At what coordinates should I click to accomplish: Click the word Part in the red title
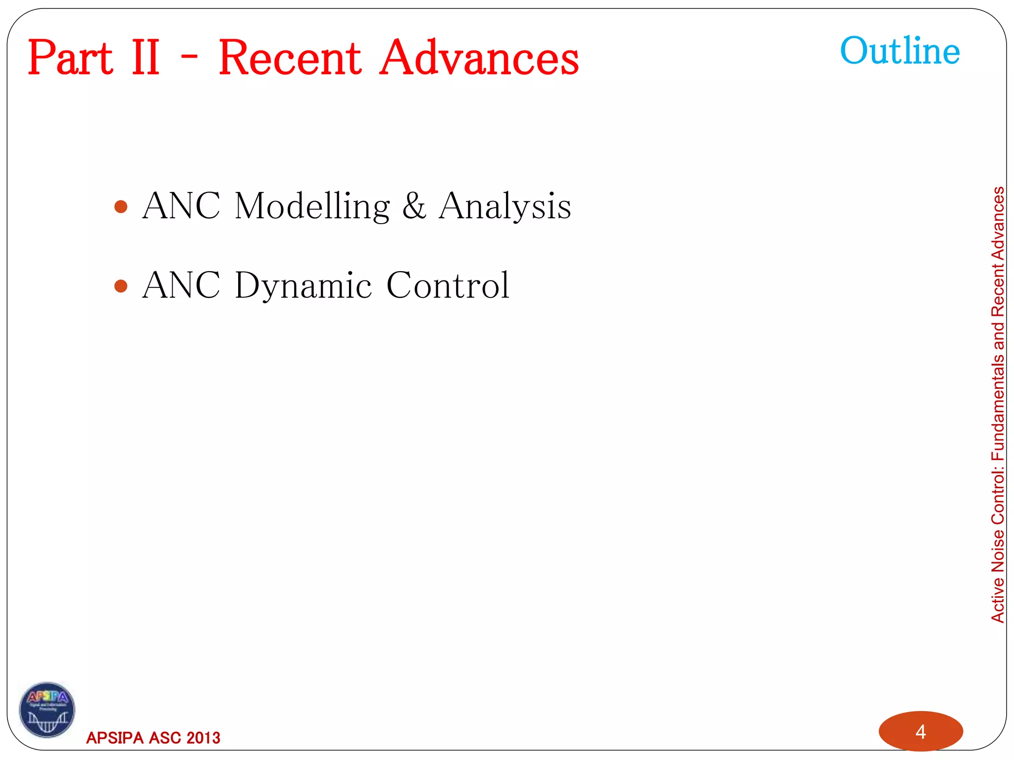tap(70, 58)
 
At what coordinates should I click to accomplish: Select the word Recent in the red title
tap(290, 58)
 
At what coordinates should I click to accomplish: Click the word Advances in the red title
tap(479, 58)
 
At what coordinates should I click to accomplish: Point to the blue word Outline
tap(900, 51)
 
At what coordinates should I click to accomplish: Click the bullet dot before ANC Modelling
tap(121, 206)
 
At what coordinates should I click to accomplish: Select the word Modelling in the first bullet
tap(312, 206)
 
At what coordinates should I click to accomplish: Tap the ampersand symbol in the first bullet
tap(414, 206)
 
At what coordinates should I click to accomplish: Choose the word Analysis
tap(505, 206)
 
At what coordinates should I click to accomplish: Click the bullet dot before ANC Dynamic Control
tap(121, 286)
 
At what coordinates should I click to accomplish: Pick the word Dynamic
tap(303, 286)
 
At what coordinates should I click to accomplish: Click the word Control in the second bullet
tap(448, 286)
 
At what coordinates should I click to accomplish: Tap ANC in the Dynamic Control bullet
tap(181, 286)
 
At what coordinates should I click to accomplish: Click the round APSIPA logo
tap(47, 710)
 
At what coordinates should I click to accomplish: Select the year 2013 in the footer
tap(203, 738)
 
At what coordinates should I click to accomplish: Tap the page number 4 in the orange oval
tap(920, 731)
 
